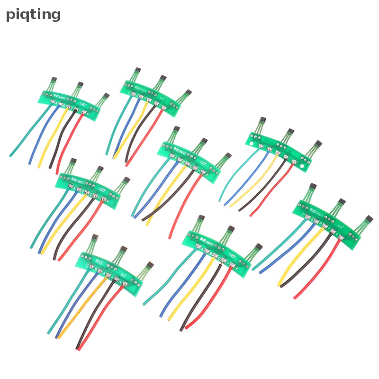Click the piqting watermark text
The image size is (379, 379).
point(33,15)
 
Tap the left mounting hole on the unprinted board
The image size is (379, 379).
point(250,140)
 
